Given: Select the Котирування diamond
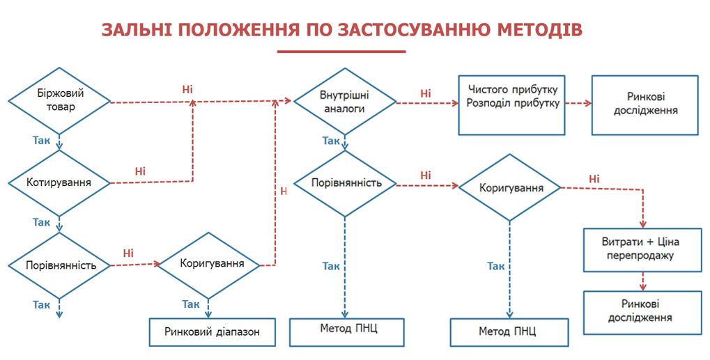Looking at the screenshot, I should [x=59, y=183].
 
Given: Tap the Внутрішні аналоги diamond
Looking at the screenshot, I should [x=346, y=102].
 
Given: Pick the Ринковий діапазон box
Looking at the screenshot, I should [x=213, y=332].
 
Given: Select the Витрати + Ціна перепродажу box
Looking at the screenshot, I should [x=640, y=249].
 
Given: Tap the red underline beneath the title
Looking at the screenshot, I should [x=341, y=52].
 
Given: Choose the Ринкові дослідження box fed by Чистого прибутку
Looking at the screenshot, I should [x=645, y=104].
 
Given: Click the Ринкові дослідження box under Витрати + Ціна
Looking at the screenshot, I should [x=640, y=311].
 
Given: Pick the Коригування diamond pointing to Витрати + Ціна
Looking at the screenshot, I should [x=510, y=188].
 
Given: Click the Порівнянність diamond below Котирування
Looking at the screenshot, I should [x=59, y=266].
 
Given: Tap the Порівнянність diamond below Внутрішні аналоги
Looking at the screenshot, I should [x=346, y=184].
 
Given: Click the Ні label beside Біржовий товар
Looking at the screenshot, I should [x=187, y=90].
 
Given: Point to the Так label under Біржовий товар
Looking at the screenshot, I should [x=41, y=140].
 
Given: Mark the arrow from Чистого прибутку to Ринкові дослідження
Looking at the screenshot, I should [x=578, y=104].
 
